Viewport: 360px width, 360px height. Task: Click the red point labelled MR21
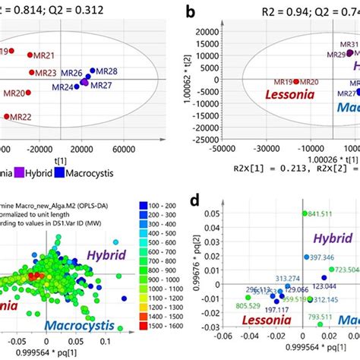coord(30,55)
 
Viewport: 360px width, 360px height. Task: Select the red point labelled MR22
coord(7,116)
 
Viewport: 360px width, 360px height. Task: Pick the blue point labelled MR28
coord(93,71)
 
